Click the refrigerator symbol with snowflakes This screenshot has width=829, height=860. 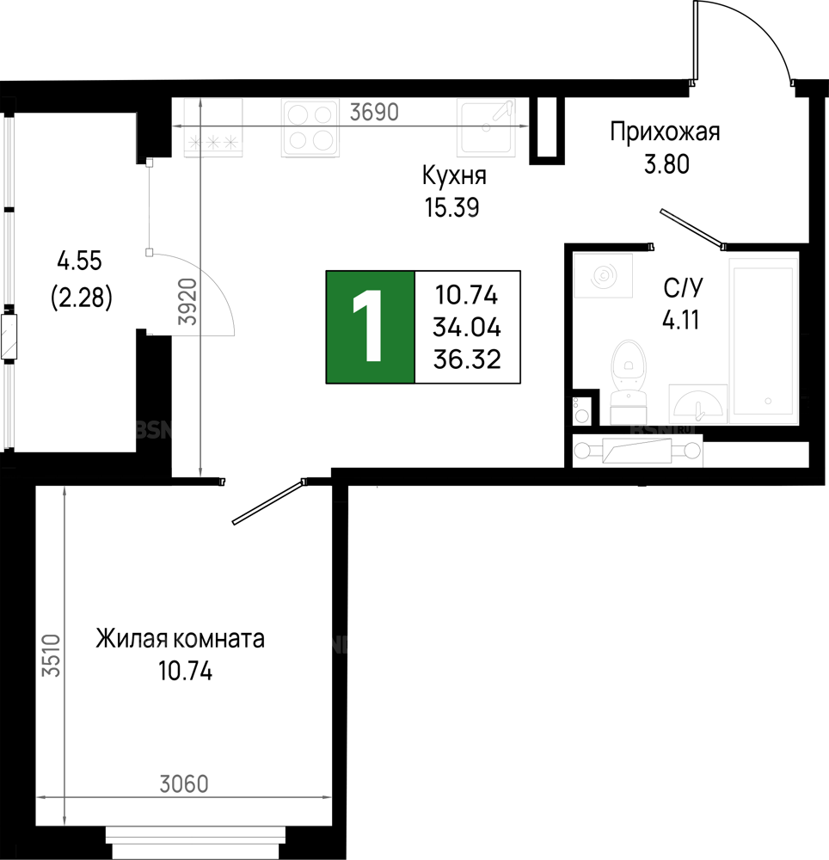click(213, 128)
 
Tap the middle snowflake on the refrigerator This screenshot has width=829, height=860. click(212, 143)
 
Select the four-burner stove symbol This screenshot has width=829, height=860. click(310, 128)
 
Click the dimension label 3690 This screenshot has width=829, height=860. click(374, 112)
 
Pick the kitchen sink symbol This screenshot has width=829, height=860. click(486, 128)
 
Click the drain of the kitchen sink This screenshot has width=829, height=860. click(486, 128)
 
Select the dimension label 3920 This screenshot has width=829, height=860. click(189, 301)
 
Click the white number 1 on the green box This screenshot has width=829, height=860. click(370, 327)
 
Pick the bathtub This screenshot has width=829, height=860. click(763, 340)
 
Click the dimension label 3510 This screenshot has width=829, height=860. click(52, 655)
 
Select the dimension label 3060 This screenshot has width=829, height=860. click(184, 784)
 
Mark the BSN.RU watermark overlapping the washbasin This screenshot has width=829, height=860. click(662, 429)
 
